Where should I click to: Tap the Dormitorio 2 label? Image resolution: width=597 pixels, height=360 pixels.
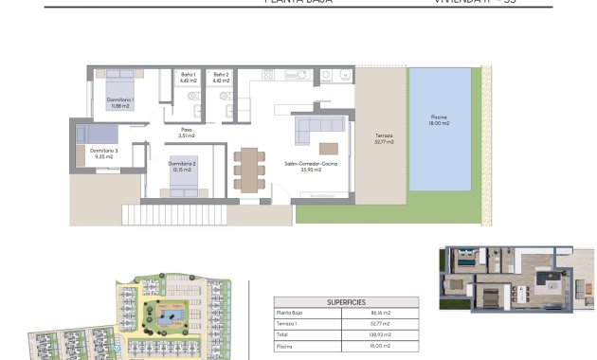183,166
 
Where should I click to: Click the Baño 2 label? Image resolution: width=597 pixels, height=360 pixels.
221,78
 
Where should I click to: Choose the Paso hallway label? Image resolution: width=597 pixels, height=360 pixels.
187,133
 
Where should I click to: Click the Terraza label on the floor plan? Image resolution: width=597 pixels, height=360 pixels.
383,140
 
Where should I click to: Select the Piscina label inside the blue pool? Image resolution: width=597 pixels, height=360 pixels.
439,120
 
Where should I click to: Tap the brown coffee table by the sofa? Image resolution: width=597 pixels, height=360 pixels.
329,148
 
